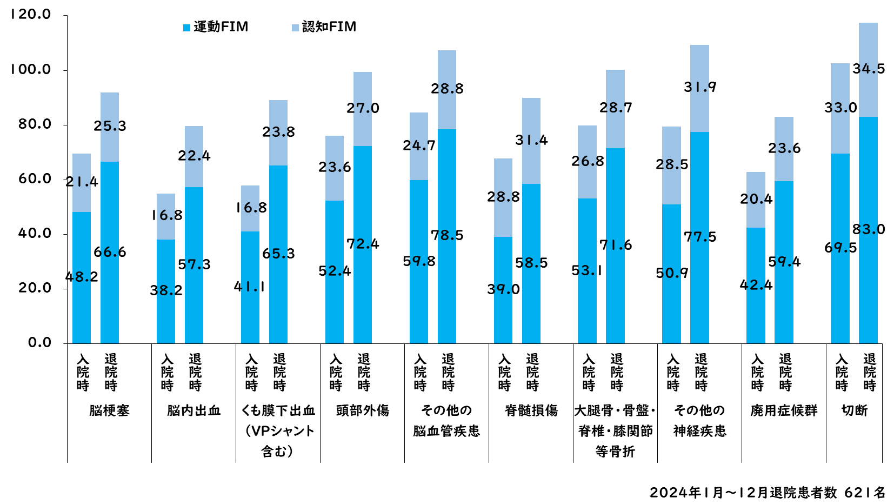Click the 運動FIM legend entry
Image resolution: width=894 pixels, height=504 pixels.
pyautogui.click(x=216, y=26)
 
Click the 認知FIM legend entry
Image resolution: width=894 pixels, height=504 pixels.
pyautogui.click(x=324, y=26)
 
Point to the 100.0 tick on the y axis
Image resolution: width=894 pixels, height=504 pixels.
pyautogui.click(x=31, y=69)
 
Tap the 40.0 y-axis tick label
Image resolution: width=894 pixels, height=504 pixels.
pyautogui.click(x=34, y=233)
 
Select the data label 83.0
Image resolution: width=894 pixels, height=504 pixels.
pyautogui.click(x=869, y=229)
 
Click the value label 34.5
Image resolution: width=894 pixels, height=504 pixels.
pyautogui.click(x=869, y=69)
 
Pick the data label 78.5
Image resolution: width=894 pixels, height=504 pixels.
pyautogui.click(x=447, y=235)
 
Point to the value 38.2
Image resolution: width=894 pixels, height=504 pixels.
pyautogui.click(x=166, y=290)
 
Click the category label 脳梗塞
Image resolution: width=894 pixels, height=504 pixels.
pyautogui.click(x=109, y=410)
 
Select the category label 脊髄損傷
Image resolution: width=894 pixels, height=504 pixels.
pyautogui.click(x=531, y=410)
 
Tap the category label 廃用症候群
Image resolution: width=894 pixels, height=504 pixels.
pyautogui.click(x=784, y=410)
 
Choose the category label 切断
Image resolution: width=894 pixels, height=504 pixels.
pyautogui.click(x=855, y=410)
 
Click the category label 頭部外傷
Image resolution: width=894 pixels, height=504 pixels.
pyautogui.click(x=363, y=410)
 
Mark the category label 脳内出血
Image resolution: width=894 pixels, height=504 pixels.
pyautogui.click(x=194, y=410)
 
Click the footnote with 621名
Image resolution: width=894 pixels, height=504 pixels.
pyautogui.click(x=768, y=493)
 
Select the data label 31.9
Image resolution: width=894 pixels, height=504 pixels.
pyautogui.click(x=700, y=87)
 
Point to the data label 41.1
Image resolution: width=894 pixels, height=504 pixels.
pyautogui.click(x=250, y=287)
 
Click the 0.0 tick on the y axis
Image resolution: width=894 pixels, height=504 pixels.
pyautogui.click(x=39, y=342)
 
